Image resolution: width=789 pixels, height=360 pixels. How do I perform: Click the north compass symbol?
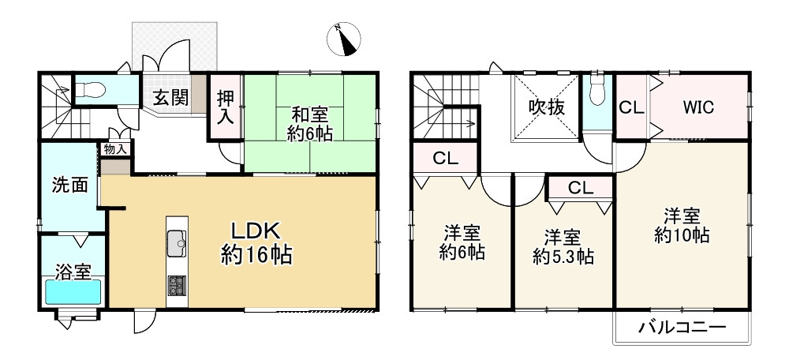tap(346, 39)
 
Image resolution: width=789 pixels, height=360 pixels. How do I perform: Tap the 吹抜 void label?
tap(546, 107)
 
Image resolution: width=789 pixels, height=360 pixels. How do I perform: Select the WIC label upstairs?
tap(698, 107)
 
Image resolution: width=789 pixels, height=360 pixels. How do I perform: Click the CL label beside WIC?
tap(629, 107)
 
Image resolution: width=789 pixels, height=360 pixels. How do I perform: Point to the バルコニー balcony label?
tap(678, 327)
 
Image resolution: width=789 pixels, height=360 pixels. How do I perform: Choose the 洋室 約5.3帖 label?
tap(563, 247)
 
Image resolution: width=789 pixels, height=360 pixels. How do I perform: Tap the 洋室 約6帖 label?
tap(462, 243)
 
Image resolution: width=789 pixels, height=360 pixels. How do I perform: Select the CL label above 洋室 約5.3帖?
tap(581, 188)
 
